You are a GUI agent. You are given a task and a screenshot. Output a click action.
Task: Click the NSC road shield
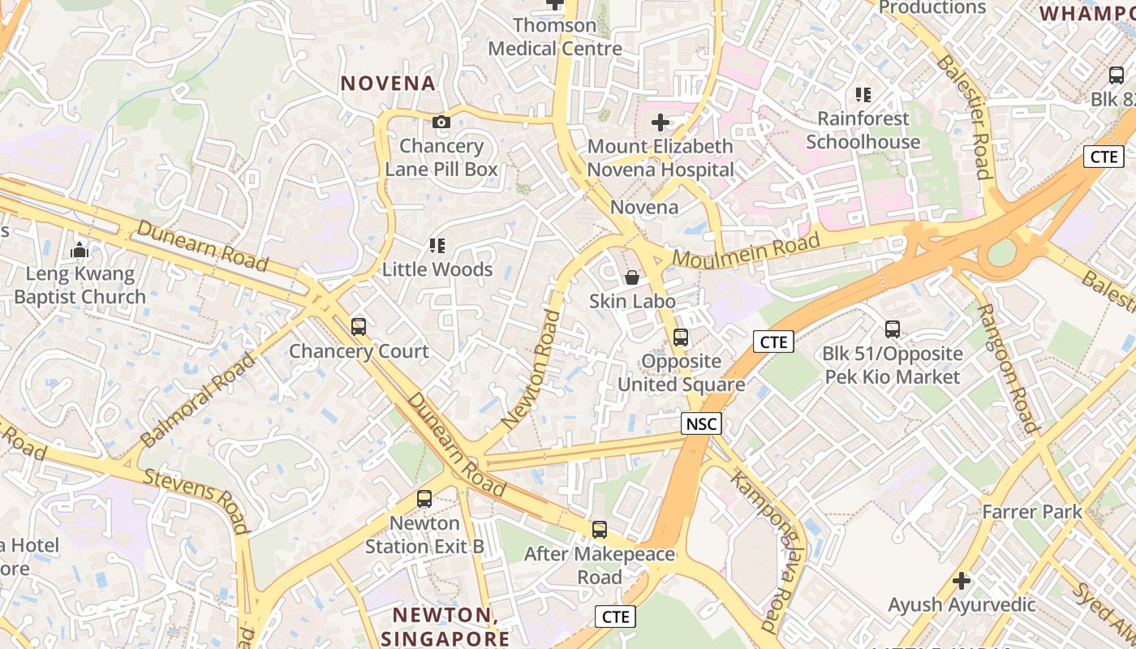point(701,423)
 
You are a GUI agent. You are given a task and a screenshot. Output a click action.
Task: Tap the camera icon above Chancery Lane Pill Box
point(441,122)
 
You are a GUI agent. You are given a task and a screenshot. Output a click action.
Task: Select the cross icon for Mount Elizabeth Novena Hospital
point(661,122)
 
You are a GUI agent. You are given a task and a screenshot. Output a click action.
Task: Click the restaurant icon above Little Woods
point(437,245)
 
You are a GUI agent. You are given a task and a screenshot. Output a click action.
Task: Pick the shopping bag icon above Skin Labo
point(632,277)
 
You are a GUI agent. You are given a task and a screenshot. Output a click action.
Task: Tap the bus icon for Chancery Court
point(359,327)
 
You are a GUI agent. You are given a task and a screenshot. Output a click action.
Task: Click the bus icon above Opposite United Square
point(681,337)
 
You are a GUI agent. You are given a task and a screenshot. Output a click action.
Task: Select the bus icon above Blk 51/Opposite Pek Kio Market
point(893,329)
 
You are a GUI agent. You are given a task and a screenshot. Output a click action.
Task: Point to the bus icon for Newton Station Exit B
point(424,499)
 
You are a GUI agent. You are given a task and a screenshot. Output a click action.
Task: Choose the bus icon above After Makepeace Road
point(600,530)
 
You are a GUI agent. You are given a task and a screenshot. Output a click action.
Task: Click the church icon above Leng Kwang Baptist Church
point(80,250)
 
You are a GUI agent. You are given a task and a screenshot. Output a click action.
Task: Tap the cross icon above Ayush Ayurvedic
point(962,581)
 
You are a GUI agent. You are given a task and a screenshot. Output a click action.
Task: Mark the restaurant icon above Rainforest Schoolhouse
point(863,95)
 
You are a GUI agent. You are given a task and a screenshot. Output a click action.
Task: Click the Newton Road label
point(532,369)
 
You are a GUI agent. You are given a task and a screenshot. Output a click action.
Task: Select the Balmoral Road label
point(197,399)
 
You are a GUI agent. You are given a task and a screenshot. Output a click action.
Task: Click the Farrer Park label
point(1032,512)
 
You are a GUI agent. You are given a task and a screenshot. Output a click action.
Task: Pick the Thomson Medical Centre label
point(555,37)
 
